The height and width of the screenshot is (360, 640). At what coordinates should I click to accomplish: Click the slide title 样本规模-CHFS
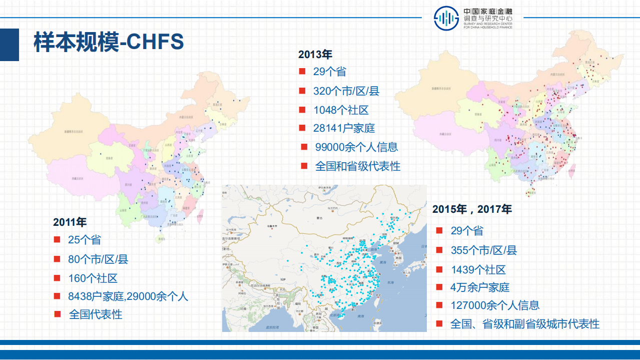(109, 43)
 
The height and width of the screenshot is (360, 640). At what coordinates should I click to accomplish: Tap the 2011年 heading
(70, 222)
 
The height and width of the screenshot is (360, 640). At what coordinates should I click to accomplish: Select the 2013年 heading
(315, 54)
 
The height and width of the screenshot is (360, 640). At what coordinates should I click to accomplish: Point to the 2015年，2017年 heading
(472, 209)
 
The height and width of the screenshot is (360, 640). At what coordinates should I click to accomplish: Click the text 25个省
(84, 240)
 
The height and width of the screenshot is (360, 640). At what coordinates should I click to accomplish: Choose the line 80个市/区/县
(98, 259)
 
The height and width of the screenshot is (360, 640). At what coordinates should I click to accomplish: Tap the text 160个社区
(93, 278)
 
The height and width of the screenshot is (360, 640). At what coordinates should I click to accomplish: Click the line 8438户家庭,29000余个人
(128, 296)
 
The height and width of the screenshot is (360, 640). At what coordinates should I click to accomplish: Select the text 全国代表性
(96, 314)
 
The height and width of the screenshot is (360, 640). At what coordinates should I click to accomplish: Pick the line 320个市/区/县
(346, 91)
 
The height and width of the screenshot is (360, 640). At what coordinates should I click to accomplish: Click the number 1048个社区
(341, 110)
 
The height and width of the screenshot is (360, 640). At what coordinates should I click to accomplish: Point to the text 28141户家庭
(344, 128)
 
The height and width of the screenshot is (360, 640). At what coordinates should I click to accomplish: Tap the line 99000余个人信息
(356, 147)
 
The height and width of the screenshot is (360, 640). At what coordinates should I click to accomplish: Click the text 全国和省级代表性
(358, 166)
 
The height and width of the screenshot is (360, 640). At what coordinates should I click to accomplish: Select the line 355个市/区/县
(484, 250)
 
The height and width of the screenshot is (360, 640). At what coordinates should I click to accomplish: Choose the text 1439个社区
(478, 269)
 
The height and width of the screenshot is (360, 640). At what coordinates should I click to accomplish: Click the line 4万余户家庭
(480, 287)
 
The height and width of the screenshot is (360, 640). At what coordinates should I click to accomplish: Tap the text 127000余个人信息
(495, 305)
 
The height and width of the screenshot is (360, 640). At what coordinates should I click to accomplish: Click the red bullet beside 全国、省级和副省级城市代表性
(439, 323)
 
